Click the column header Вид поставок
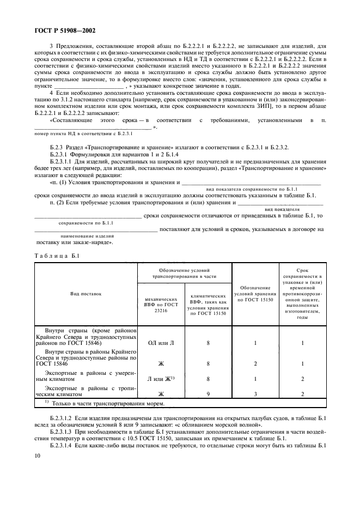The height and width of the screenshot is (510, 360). coord(86,293)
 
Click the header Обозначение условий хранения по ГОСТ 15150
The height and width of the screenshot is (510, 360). coord(255,293)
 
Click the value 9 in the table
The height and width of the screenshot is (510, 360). coord(208,393)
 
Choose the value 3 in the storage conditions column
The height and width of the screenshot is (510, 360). coord(255,393)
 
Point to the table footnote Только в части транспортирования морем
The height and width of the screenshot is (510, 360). coord(91,403)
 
